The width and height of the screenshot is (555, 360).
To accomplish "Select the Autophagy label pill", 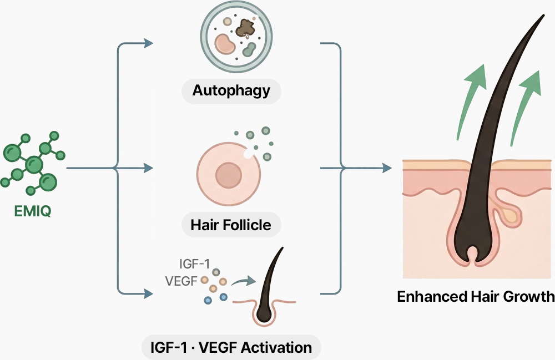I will pyautogui.click(x=231, y=90).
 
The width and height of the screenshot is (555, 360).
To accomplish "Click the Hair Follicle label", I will pyautogui.click(x=231, y=225).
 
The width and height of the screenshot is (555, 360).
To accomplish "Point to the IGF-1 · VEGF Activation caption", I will pyautogui.click(x=231, y=348).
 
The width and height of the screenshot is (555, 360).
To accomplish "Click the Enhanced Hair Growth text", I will pyautogui.click(x=476, y=296).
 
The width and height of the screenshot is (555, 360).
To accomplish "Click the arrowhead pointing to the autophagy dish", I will pyautogui.click(x=148, y=43).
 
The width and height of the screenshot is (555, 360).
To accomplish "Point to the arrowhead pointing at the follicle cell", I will pyautogui.click(x=148, y=166).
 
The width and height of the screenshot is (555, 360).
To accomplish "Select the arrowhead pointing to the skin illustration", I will pyautogui.click(x=387, y=166).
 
